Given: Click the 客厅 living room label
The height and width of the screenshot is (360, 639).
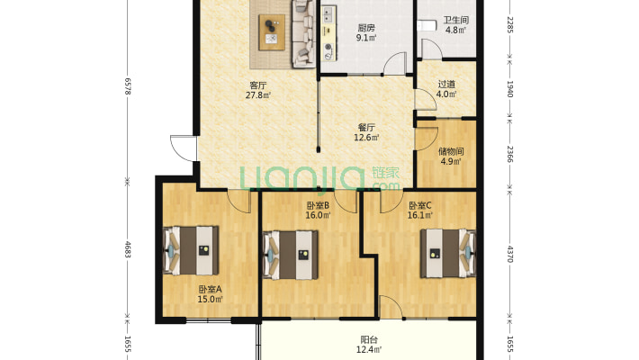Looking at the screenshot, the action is [258, 85].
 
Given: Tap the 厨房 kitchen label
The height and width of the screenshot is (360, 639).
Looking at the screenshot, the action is [366, 28].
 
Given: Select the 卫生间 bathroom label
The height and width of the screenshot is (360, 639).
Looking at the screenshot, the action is [456, 20].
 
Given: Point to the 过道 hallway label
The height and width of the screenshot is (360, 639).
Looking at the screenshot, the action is [446, 85].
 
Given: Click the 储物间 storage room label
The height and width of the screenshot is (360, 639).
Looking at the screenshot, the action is [451, 152].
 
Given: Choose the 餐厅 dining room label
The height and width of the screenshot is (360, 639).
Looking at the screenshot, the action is [366, 128].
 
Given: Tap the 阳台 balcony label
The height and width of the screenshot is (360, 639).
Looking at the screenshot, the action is [369, 339].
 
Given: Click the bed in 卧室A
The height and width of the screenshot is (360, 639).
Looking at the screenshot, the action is [191, 250].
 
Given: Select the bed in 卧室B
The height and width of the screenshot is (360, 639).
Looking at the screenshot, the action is [290, 256].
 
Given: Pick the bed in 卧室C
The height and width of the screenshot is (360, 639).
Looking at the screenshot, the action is [448, 254].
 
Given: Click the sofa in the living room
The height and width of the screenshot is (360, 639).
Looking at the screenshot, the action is [303, 33].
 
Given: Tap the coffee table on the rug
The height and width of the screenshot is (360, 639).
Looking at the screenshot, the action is [272, 32].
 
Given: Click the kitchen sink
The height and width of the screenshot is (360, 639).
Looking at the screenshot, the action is [328, 15].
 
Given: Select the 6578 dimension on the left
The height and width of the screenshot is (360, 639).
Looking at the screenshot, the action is [128, 86].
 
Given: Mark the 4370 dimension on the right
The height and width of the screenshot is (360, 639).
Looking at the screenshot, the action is [509, 254].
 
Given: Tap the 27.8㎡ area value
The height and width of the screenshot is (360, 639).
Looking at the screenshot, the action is [258, 95].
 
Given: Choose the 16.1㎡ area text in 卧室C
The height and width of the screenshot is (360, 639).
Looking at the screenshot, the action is [420, 215].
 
